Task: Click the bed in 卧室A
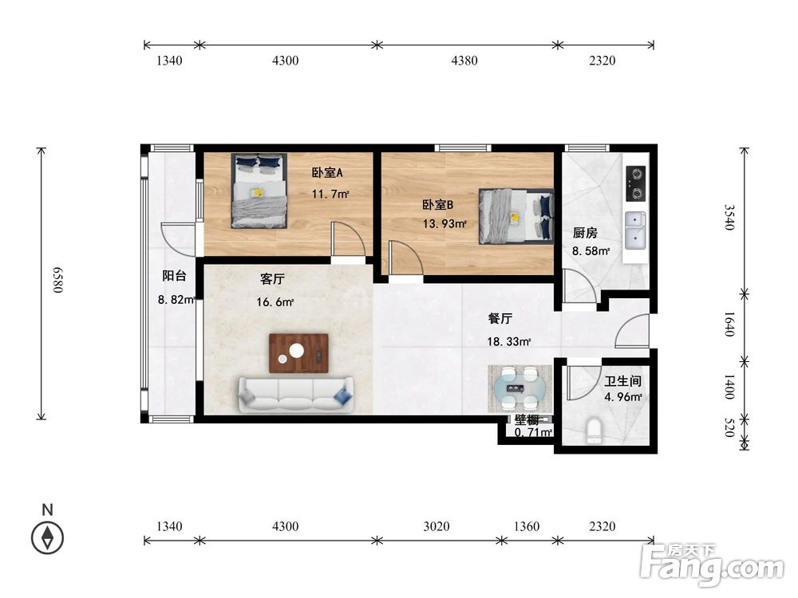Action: [x=259, y=191]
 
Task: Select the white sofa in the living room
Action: [x=296, y=394]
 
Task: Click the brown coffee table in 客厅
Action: [x=298, y=353]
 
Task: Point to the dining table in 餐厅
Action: [x=520, y=389]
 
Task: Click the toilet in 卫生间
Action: [x=594, y=431]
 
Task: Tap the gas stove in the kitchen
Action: [x=635, y=183]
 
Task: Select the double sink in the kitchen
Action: [x=635, y=231]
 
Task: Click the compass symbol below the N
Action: [x=47, y=537]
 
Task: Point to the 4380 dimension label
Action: [x=464, y=61]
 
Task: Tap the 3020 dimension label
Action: [x=437, y=526]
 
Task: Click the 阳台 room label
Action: [x=174, y=276]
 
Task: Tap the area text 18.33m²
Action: [x=509, y=342]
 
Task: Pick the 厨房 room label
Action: [x=585, y=233]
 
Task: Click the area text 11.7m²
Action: [x=330, y=194]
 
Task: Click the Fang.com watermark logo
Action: [x=713, y=565]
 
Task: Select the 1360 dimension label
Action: [x=526, y=526]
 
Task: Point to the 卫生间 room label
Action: [x=622, y=381]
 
